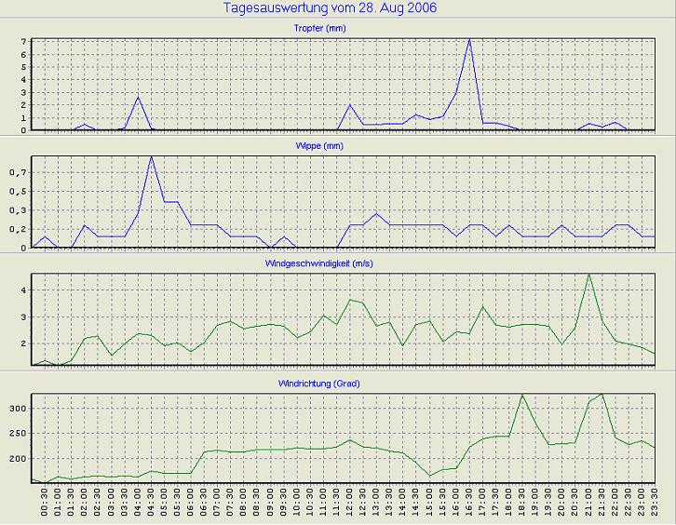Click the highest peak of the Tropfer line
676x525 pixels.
tap(469, 40)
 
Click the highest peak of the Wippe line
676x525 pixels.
tap(151, 156)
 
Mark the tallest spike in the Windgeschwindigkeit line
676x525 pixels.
tap(588, 275)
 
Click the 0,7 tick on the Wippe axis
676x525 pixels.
tap(19, 173)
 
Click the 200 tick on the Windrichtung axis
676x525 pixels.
tap(18, 459)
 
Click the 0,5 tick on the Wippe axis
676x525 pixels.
tap(19, 192)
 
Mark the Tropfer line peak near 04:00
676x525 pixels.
tap(138, 97)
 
